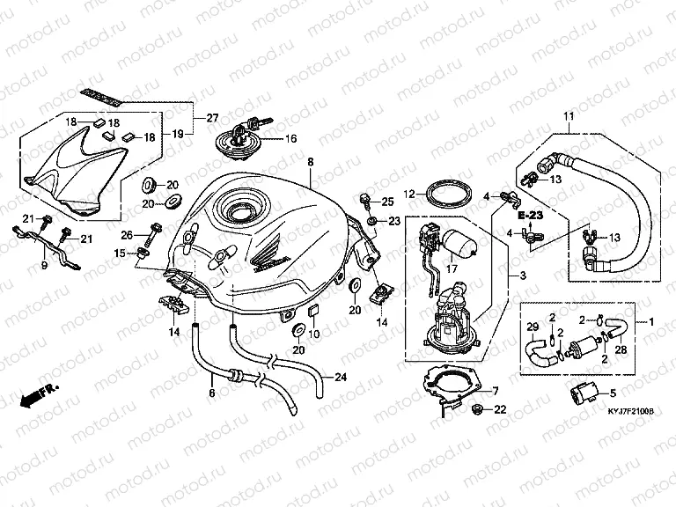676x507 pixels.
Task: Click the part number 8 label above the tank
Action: pyautogui.click(x=310, y=163)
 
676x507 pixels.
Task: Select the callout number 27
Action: pyautogui.click(x=212, y=118)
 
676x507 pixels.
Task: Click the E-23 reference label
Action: pyautogui.click(x=531, y=214)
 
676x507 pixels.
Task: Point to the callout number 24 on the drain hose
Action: pyautogui.click(x=342, y=378)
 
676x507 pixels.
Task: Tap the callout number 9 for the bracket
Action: pyautogui.click(x=43, y=263)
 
